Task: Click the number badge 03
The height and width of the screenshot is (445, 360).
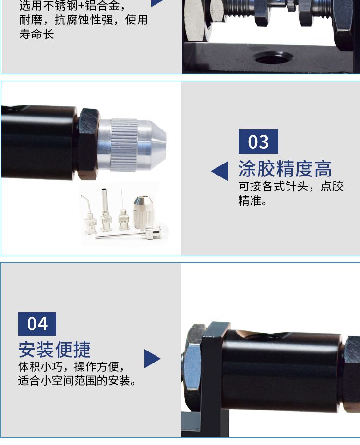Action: [x=258, y=142]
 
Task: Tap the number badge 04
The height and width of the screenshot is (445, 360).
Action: [x=37, y=324]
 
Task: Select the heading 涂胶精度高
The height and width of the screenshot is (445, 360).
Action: [x=285, y=169]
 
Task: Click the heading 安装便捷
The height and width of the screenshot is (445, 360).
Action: [x=54, y=350]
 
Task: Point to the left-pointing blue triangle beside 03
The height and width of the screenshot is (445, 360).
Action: [x=220, y=171]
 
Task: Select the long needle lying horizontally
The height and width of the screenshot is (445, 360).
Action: [x=130, y=234]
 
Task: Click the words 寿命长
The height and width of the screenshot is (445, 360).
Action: [x=36, y=35]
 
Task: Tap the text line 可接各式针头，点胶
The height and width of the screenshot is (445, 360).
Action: [x=291, y=186]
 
